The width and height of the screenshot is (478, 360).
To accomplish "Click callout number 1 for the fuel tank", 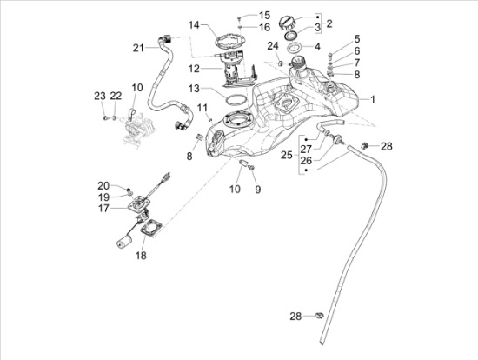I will tap(373, 100).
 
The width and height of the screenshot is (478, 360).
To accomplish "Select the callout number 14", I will tap(193, 24).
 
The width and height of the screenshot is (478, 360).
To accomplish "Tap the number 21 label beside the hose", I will tap(138, 47).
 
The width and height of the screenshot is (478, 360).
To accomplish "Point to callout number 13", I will tap(193, 88).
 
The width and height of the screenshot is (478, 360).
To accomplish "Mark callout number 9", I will tap(257, 189).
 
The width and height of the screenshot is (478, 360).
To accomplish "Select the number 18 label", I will tap(140, 256).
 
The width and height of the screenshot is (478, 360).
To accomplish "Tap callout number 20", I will tap(103, 185).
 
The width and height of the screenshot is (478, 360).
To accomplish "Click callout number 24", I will tap(273, 45).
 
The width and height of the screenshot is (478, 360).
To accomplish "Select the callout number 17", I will tap(103, 209).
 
